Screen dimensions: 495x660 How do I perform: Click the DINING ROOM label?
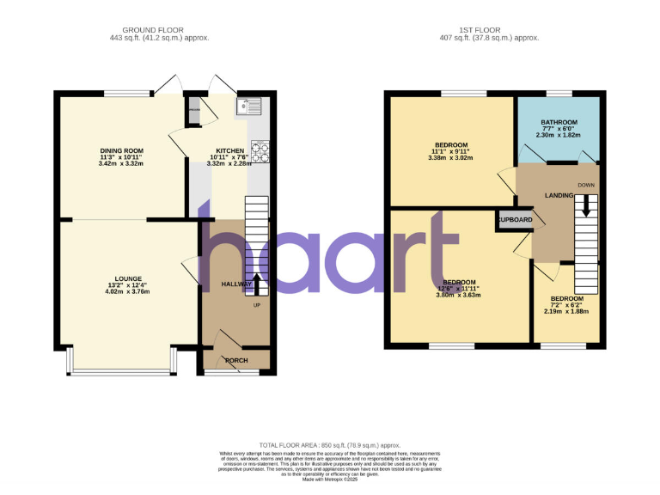pyautogui.click(x=121, y=150)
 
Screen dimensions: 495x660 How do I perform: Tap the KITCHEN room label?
pyautogui.click(x=229, y=150)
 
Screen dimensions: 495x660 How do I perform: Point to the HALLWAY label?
pyautogui.click(x=236, y=284)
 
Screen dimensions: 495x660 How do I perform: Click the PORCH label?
pyautogui.click(x=236, y=361)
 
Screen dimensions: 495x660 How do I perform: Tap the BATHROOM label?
pyautogui.click(x=559, y=123)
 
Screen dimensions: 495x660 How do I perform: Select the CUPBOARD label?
pyautogui.click(x=515, y=220)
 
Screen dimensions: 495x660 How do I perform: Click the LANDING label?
pyautogui.click(x=559, y=196)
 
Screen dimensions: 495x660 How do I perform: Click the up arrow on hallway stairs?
pyautogui.click(x=258, y=283)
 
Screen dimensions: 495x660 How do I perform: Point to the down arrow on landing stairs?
pyautogui.click(x=586, y=205)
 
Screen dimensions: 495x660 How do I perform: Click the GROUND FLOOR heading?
pyautogui.click(x=159, y=29)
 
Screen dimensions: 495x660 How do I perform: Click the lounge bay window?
pyautogui.click(x=121, y=371)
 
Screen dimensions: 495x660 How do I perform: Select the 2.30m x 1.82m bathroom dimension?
pyautogui.click(x=559, y=135)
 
